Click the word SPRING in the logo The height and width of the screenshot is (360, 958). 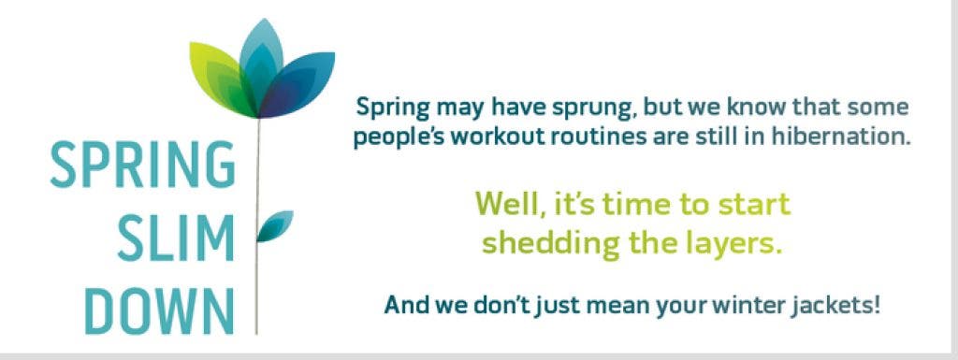[142, 165]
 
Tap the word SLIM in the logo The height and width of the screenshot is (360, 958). [176, 238]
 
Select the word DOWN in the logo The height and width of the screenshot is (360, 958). [159, 311]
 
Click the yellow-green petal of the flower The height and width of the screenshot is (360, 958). [221, 78]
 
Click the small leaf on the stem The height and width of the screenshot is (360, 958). [275, 225]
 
